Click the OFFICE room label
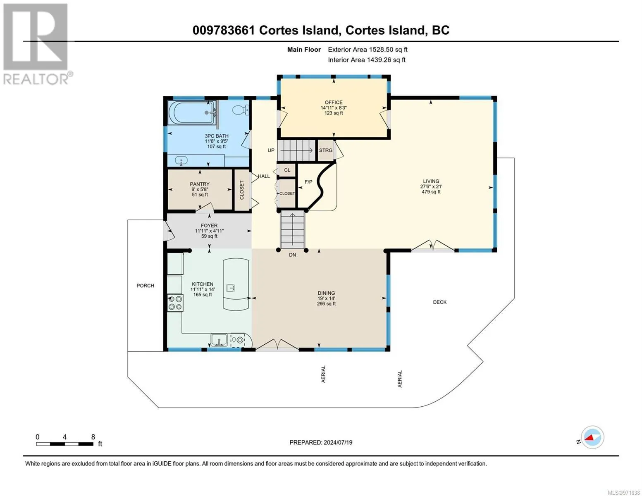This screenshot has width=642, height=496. pos(334,102)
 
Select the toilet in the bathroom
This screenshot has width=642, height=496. pos(240,110)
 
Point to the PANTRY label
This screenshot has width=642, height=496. pos(200,184)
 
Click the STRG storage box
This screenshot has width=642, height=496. pos(326,150)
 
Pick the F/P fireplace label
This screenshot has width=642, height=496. pos(308,182)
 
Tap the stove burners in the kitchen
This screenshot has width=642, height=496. pos(175,303)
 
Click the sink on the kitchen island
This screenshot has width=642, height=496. pos(230,288)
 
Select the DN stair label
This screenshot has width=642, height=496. pos(292,255)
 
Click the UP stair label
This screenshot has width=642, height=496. pos(271,150)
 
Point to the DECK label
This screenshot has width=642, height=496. pos(439,302)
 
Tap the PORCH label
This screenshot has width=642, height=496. pos(146,286)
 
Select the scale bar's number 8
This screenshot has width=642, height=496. pos(93,437)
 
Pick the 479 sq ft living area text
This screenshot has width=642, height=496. pos(431,192)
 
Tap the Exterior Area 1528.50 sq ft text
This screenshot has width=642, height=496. pos(368,50)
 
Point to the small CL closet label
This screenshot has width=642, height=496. pos(287,170)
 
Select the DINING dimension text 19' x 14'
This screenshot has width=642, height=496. pos(326,298)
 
